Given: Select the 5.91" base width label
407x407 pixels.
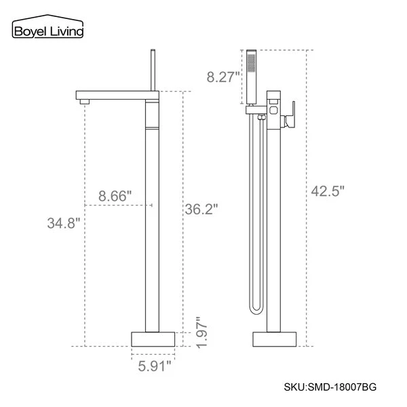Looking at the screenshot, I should [151, 368].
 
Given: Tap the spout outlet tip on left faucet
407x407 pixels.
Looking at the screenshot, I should [84, 102].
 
